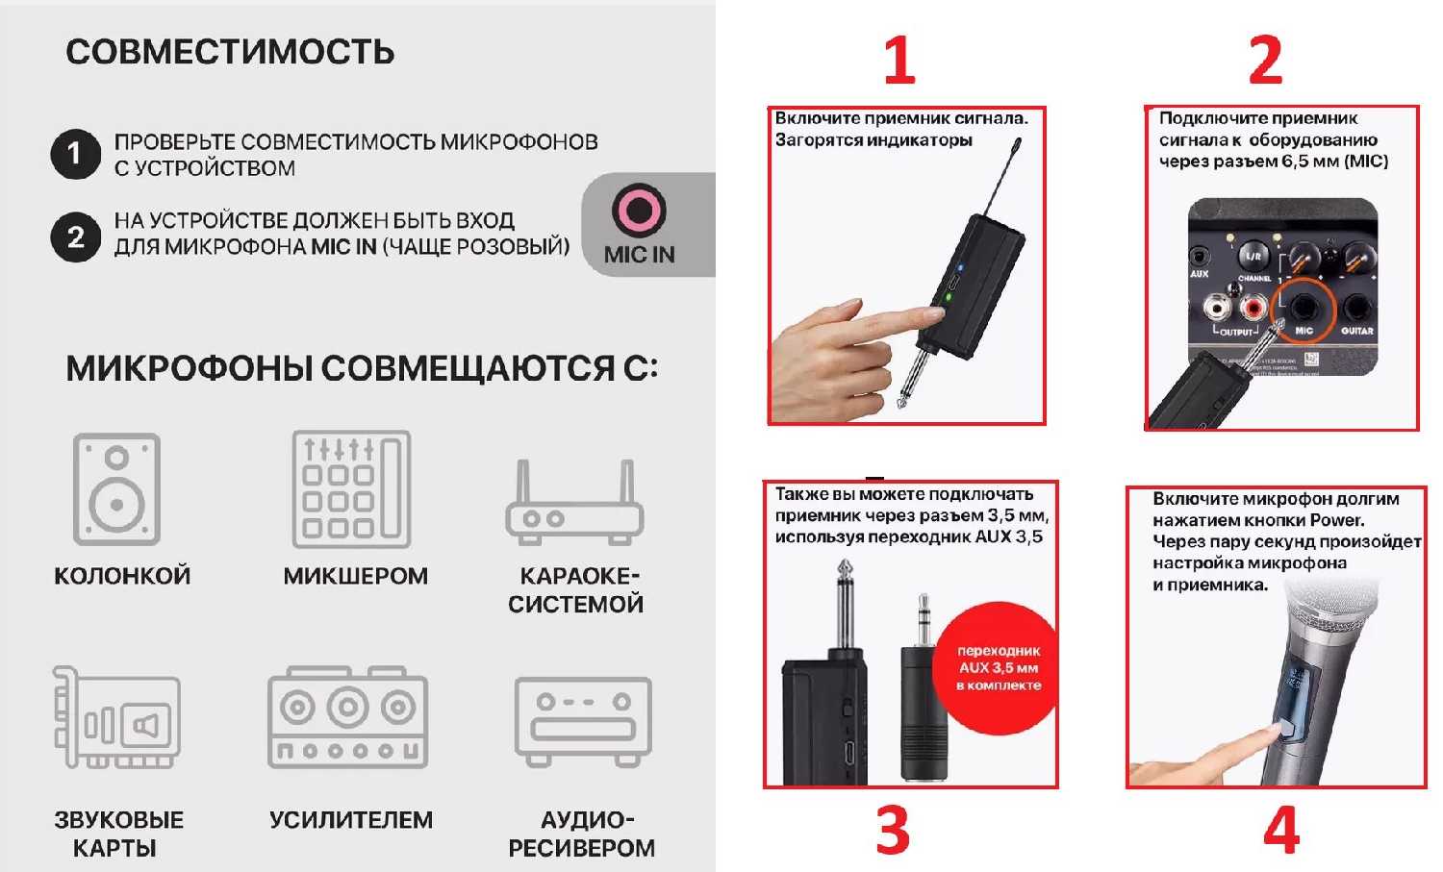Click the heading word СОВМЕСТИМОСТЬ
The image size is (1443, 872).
coord(230,52)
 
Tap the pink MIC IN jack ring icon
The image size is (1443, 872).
coord(640,211)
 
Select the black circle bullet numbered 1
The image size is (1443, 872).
coord(75,154)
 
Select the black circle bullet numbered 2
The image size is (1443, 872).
coord(75,237)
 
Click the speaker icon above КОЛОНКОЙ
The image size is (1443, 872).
coord(117,489)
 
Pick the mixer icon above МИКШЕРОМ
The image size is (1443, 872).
coord(351,489)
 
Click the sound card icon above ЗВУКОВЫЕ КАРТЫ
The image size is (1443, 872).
coord(116,717)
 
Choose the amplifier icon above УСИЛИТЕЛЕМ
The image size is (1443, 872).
coord(347,717)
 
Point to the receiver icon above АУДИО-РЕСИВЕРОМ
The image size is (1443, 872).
coord(583,719)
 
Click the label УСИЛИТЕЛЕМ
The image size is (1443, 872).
coord(351,820)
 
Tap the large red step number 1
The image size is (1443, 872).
coord(899,60)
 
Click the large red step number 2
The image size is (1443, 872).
coord(1265,60)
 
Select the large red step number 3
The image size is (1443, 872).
coord(893,830)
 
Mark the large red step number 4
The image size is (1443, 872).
coord(1281,830)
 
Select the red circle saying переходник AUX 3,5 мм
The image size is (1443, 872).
coord(997,668)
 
